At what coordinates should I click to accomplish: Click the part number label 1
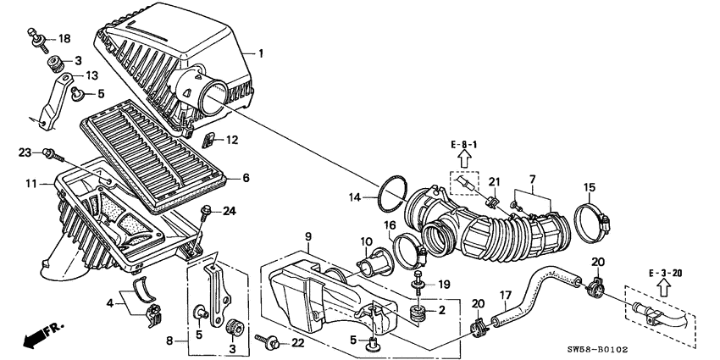(x=261, y=54)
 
